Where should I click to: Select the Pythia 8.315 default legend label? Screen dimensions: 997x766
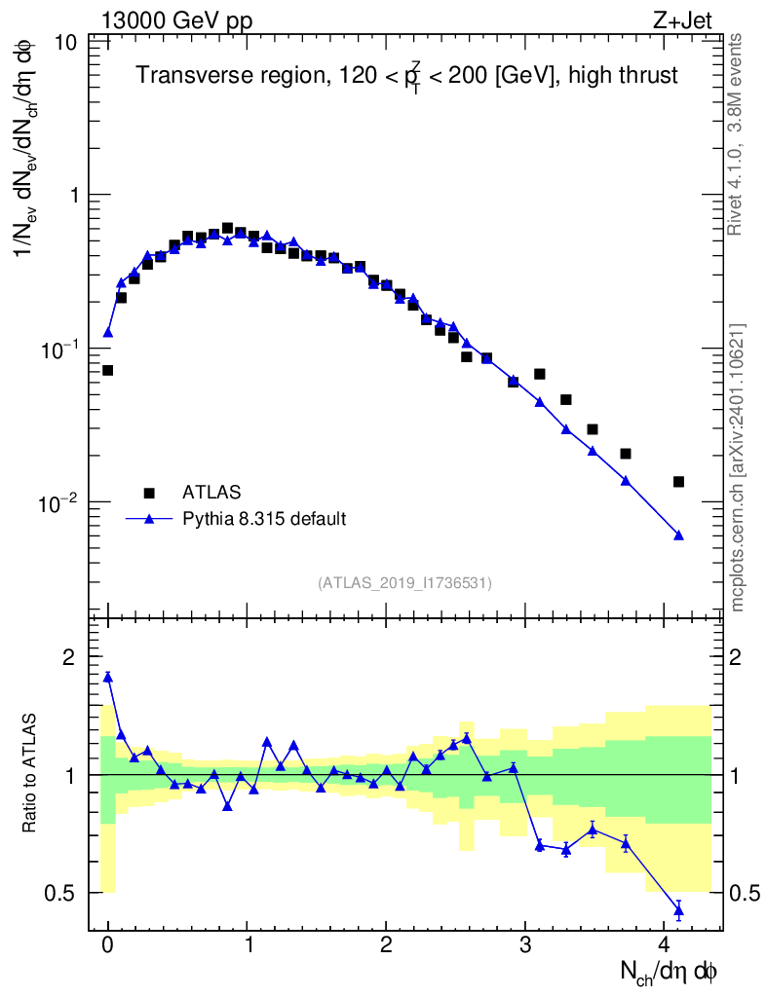point(263,519)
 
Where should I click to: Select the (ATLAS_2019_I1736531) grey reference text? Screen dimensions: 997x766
point(404,582)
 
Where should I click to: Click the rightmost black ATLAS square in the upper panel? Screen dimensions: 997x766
point(678,482)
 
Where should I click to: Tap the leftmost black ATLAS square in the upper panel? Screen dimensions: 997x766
point(107,370)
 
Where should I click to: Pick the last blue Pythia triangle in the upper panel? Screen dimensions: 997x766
point(678,535)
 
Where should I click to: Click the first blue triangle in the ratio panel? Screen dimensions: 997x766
point(107,677)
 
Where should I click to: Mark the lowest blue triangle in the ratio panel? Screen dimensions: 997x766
point(678,911)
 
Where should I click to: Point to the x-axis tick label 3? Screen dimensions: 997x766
point(525,944)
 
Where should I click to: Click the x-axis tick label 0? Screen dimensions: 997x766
point(107,944)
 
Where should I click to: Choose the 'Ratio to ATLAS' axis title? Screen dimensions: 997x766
point(31,775)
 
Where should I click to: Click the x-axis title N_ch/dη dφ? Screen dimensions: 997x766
point(670,972)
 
